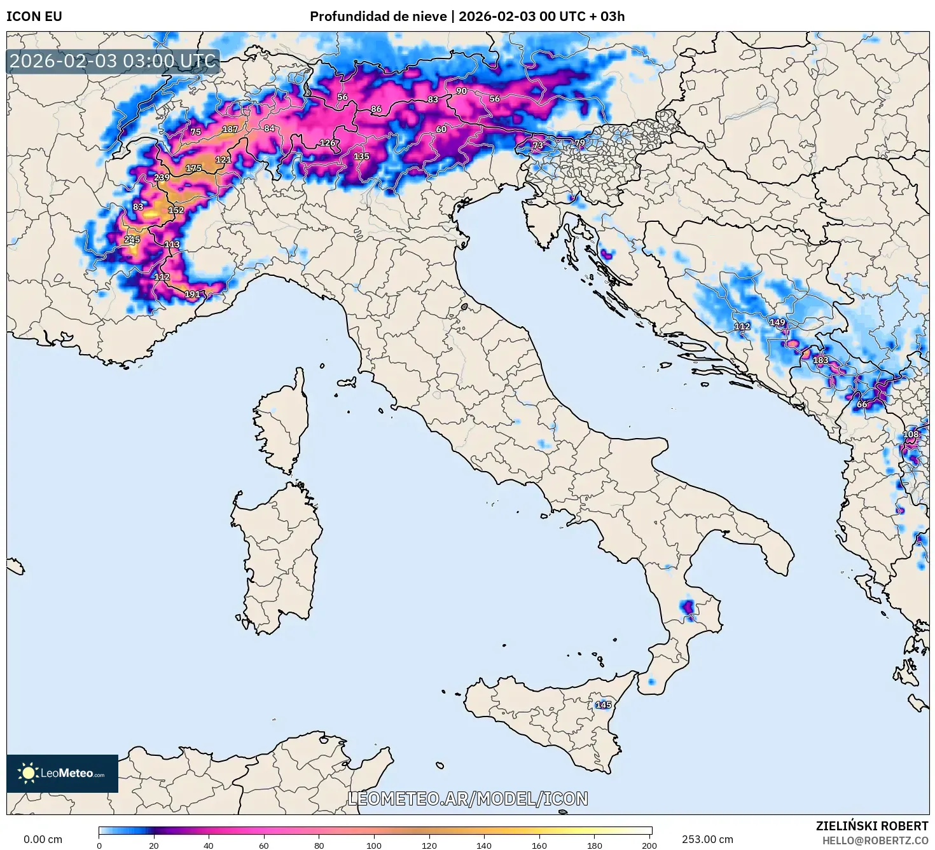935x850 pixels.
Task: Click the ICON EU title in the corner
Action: [x=34, y=17]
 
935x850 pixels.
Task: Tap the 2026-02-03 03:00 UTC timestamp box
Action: [x=113, y=62]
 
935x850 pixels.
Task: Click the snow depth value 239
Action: [x=162, y=177]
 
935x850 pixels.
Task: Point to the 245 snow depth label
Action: [x=132, y=240]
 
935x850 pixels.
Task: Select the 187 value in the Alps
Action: [x=230, y=129]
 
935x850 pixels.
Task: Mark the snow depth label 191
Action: [x=192, y=294]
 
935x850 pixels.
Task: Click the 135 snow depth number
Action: [x=361, y=156]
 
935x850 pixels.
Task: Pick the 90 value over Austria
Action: [x=461, y=91]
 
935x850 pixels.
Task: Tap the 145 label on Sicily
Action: [x=603, y=704]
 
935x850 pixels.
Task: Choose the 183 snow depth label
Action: [x=821, y=360]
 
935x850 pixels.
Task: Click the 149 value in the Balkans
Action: [x=777, y=322]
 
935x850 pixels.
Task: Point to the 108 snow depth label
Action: [x=911, y=434]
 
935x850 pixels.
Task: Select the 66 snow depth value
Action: [x=862, y=404]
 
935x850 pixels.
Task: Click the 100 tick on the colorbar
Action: [x=374, y=846]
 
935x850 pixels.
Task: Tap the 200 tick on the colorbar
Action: [x=649, y=846]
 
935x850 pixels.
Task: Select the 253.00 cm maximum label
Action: [x=707, y=839]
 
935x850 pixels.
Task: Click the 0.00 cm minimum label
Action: [x=43, y=839]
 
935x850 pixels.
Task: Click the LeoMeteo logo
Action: [x=62, y=773]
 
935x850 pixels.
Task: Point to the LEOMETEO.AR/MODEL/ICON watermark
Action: [x=468, y=799]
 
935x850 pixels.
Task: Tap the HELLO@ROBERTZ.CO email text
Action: [x=875, y=840]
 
